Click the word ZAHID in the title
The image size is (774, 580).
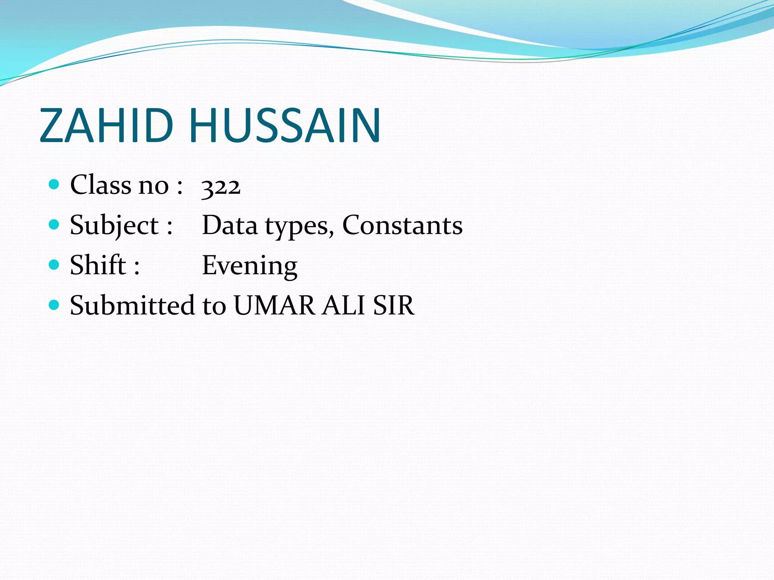click(x=106, y=125)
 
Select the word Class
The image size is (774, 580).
click(x=101, y=185)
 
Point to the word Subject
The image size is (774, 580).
click(x=114, y=226)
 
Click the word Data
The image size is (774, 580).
click(x=230, y=225)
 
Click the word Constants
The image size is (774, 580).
click(x=402, y=225)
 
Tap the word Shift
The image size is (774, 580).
click(x=98, y=265)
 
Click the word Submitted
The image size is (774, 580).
click(x=132, y=305)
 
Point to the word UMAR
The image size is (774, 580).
click(x=274, y=305)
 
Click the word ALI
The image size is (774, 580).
click(x=344, y=305)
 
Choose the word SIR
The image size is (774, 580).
click(x=393, y=305)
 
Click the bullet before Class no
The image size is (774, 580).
click(x=54, y=184)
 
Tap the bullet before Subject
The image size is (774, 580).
click(x=54, y=225)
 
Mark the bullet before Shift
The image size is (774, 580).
click(x=54, y=265)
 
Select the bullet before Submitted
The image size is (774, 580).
click(x=54, y=305)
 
